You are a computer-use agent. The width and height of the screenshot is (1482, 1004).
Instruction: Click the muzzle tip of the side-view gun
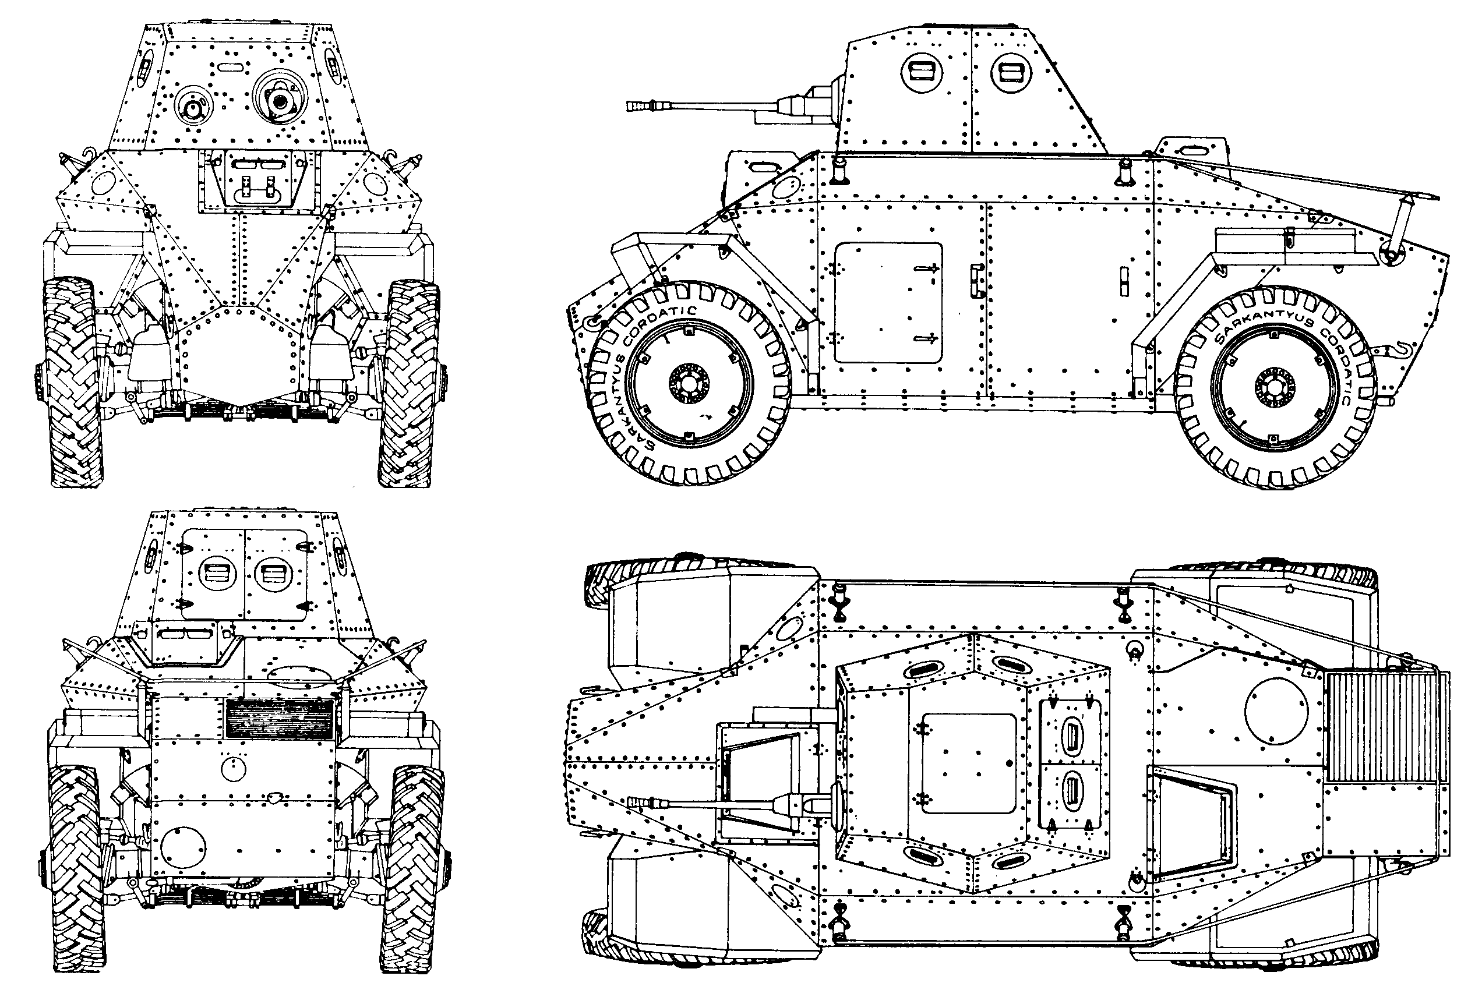629,105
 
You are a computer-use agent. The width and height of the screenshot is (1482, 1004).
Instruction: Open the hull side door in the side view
888,303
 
